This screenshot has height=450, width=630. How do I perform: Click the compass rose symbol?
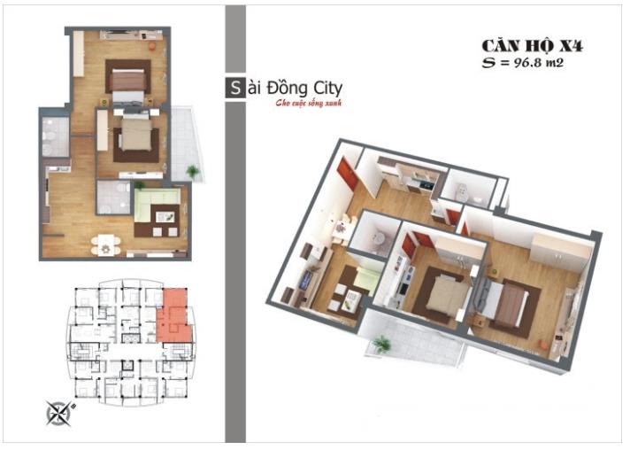pos(60,411)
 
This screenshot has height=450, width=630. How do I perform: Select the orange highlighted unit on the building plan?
pos(174,317)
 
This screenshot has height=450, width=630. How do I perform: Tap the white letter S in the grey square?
pos(234,89)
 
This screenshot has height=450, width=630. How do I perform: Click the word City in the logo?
pos(322,89)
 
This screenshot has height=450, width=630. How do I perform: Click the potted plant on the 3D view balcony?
pos(382,344)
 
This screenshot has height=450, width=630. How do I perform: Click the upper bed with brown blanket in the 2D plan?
pos(127,80)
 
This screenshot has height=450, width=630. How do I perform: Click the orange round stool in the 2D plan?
pos(152,45)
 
